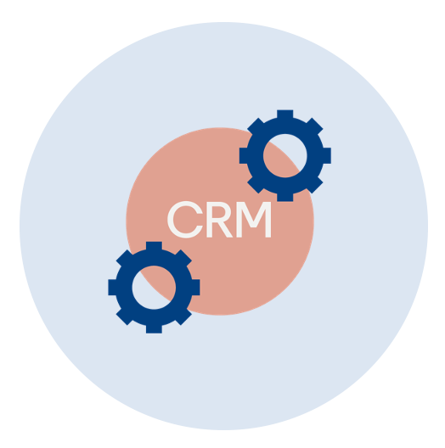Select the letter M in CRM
pos(254,220)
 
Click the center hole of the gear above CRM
pos(285,156)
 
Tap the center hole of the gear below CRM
pos(154,288)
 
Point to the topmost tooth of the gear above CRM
pos(285,114)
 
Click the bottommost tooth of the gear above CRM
pos(285,198)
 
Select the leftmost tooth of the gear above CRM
pos(244,156)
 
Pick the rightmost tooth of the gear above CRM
pos(327,156)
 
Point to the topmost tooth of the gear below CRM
pos(154,246)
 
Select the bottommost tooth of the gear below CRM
pos(154,329)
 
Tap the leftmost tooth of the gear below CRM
pos(112,288)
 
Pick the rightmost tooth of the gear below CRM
pos(195,288)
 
